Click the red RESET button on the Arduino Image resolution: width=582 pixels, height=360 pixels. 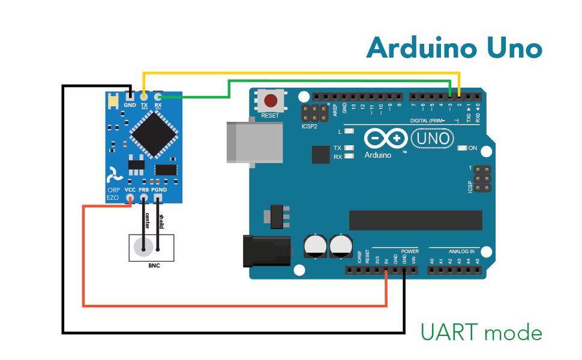pos(271,100)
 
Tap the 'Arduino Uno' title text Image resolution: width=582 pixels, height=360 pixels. pos(454,47)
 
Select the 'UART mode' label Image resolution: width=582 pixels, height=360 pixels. pos(481,332)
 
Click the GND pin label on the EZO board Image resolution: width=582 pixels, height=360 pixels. pos(130,105)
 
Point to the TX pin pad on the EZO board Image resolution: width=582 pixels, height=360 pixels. pos(144,96)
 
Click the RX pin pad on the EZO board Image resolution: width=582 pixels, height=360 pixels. pos(158,96)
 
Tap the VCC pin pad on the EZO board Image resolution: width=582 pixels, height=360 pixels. pos(130,198)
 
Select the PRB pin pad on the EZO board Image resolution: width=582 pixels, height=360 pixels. pos(144,198)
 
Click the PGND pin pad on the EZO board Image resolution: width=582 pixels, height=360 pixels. pos(158,198)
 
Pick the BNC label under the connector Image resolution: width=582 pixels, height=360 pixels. pos(151,265)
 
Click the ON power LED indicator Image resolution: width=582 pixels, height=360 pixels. pos(462,148)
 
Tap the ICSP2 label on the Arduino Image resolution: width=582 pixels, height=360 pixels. pos(309,127)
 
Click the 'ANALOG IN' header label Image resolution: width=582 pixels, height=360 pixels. pos(461,251)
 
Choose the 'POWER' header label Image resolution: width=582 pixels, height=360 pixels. pos(410,251)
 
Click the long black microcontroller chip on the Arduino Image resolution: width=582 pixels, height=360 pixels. pos(415,220)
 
